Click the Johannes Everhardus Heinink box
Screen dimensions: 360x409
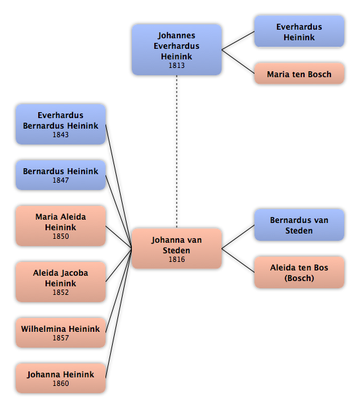tap(177, 50)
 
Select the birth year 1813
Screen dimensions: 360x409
tap(177, 65)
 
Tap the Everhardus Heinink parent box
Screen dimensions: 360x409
tap(299, 32)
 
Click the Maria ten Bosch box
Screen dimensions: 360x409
tap(299, 74)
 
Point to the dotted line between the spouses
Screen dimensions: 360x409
tap(177, 152)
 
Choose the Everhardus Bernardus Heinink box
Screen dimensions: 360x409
tap(61, 124)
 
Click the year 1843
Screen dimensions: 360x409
tap(61, 135)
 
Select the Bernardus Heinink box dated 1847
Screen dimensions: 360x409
tap(61, 175)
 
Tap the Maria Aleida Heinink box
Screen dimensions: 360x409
tap(61, 226)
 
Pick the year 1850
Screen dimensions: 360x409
tap(61, 236)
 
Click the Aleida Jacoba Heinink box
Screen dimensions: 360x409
tap(61, 282)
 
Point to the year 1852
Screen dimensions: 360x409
tap(61, 292)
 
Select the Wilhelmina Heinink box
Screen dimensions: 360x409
tap(61, 332)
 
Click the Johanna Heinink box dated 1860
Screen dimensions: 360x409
tap(61, 378)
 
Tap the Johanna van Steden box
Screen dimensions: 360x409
tap(177, 249)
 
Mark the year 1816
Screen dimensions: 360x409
tap(177, 259)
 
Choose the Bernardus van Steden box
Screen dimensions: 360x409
tap(299, 225)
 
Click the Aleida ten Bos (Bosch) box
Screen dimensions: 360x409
tap(299, 272)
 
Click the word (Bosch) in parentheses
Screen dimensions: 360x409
tap(299, 278)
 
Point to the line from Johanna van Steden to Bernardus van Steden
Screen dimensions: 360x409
tap(238, 237)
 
